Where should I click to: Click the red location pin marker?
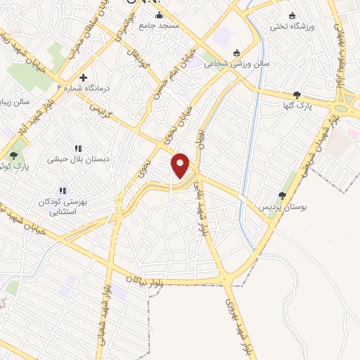tap(181, 166)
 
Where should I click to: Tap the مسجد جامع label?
tap(159, 25)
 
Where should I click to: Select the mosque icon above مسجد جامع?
tap(159, 15)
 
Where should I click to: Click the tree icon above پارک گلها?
tap(297, 95)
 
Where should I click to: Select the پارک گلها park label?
tap(297, 105)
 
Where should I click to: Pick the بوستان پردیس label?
tap(281, 207)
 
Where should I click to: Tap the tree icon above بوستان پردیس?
tap(282, 196)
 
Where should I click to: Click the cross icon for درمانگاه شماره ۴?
tap(84, 77)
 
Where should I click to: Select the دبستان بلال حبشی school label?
tap(78, 160)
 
